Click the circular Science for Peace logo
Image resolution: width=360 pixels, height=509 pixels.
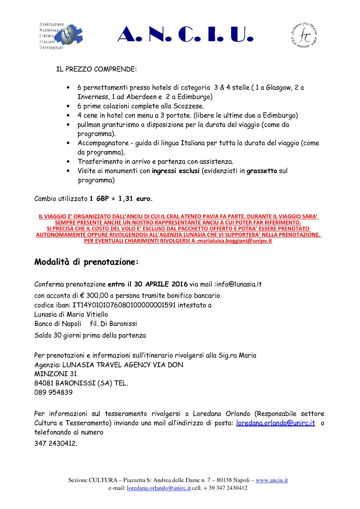click(x=304, y=36)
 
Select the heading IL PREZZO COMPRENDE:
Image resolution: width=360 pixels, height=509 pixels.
click(x=96, y=70)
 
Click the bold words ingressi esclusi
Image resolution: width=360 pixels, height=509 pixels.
click(x=175, y=171)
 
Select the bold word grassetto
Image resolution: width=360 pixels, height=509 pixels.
click(x=262, y=171)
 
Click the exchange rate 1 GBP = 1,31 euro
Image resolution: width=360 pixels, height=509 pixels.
click(x=120, y=199)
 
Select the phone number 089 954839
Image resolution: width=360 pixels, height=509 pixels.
click(x=53, y=392)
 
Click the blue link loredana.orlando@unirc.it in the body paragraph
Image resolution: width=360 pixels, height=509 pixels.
click(x=276, y=423)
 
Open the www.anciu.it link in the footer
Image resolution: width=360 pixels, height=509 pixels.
click(x=272, y=480)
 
